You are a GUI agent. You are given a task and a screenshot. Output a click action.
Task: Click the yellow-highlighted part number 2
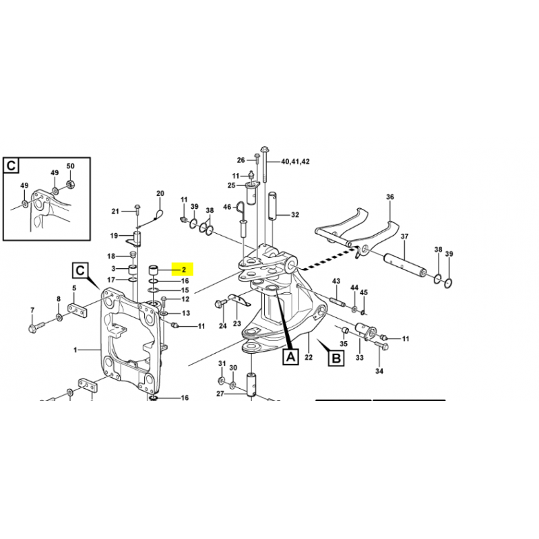(184, 270)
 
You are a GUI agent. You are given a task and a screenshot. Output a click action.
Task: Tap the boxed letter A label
(291, 357)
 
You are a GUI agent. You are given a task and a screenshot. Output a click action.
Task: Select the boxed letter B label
(336, 358)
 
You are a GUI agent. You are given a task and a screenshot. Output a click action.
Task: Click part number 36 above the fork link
(390, 197)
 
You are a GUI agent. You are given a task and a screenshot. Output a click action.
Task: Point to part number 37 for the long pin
(404, 236)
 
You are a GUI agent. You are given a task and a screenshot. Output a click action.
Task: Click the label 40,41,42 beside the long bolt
(295, 162)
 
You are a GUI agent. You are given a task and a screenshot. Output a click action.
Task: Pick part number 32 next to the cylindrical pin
(295, 215)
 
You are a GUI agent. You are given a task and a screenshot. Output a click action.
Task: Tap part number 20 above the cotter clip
(160, 193)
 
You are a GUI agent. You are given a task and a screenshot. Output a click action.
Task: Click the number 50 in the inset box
(70, 166)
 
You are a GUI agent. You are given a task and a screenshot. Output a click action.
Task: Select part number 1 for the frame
(75, 350)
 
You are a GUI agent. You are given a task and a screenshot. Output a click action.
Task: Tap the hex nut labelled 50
(70, 184)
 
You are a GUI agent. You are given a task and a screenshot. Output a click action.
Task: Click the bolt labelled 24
(220, 304)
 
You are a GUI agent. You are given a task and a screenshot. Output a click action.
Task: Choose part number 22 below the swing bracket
(309, 357)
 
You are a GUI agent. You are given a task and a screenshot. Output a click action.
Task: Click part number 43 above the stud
(336, 281)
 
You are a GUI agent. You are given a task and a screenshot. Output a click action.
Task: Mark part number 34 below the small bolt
(379, 371)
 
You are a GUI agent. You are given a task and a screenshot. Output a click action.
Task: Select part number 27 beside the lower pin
(220, 393)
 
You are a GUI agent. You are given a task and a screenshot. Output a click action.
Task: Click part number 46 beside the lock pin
(227, 207)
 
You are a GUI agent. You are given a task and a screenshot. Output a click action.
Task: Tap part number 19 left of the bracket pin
(114, 236)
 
